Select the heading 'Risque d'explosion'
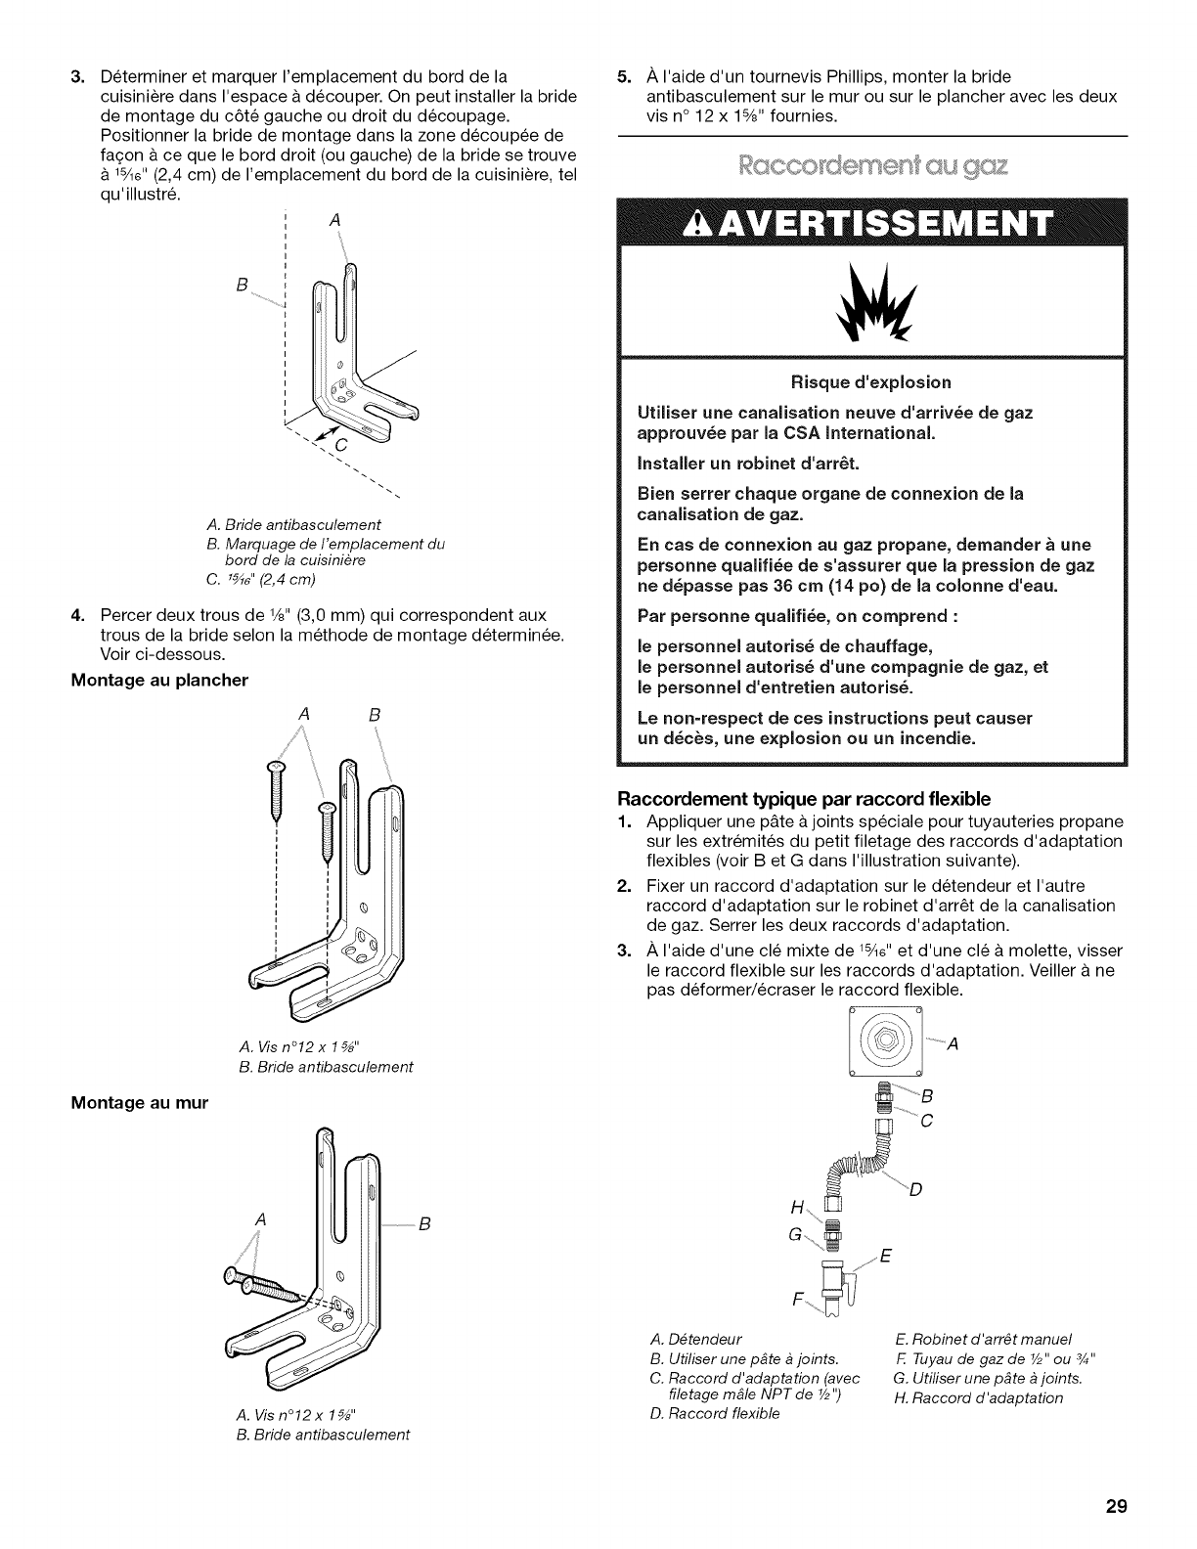873,381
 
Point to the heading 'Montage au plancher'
159,680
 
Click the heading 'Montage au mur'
139,1101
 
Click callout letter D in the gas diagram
915,1190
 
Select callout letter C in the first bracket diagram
341,446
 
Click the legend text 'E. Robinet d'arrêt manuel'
984,1339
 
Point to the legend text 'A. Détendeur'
695,1339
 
